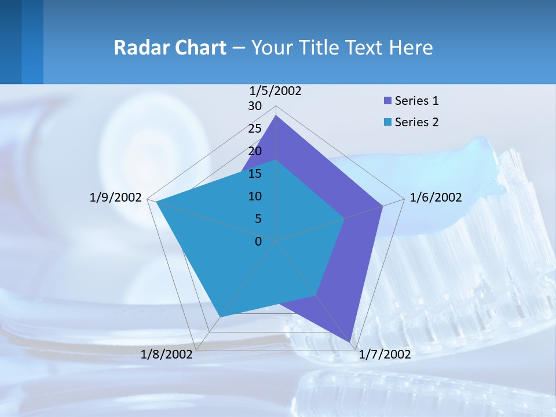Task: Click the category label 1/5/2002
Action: tap(275, 91)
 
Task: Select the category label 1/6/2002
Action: tap(436, 197)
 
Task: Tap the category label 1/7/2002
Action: tap(385, 354)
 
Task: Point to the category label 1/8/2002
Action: tap(167, 354)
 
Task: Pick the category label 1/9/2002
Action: tap(116, 197)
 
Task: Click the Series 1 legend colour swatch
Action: tap(388, 101)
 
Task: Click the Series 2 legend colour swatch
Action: tap(388, 122)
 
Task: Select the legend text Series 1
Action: tap(416, 101)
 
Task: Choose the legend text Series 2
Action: tap(416, 122)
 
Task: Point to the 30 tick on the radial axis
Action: tap(255, 106)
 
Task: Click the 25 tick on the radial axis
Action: tap(255, 129)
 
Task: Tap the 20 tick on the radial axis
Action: tap(255, 151)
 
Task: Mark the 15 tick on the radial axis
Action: tap(255, 174)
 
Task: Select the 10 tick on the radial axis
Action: tap(255, 196)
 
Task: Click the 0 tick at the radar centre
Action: tap(258, 242)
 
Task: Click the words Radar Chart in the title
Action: tap(170, 47)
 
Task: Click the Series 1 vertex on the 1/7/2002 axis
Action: tap(350, 342)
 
